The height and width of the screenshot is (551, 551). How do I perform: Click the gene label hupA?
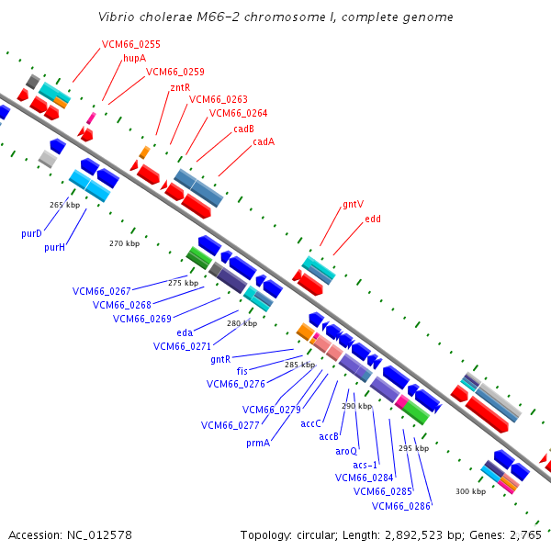click(134, 58)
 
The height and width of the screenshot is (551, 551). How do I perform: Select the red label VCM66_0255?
click(130, 44)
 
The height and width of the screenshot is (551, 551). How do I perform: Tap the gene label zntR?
click(180, 86)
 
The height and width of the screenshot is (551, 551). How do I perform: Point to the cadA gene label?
click(264, 141)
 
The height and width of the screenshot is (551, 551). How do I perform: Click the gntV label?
click(353, 205)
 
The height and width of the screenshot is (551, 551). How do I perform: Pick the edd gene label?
click(373, 219)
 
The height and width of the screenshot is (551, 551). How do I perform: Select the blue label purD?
click(32, 233)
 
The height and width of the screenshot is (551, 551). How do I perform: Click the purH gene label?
click(54, 247)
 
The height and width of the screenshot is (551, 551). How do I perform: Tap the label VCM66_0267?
click(102, 291)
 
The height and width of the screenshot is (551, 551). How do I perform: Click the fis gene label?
click(242, 371)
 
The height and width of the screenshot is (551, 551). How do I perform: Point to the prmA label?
click(258, 443)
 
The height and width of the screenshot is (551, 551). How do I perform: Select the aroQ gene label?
click(345, 451)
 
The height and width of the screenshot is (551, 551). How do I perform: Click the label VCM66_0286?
click(401, 505)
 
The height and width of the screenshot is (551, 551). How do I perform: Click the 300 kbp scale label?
click(470, 491)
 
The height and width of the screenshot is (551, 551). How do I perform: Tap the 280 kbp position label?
click(242, 323)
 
